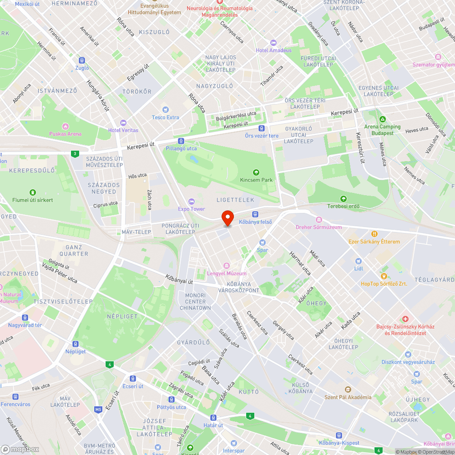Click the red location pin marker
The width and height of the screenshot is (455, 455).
(x=227, y=218)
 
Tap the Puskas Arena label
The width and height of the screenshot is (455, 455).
(x=66, y=134)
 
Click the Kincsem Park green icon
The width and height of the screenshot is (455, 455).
(x=256, y=172)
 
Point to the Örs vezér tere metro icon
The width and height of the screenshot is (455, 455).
(x=261, y=129)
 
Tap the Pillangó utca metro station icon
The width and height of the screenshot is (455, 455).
(x=181, y=141)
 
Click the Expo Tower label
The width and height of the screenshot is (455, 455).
(x=192, y=209)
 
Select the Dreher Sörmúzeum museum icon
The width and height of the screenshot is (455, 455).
(x=318, y=219)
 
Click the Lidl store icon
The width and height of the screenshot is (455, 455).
(x=359, y=261)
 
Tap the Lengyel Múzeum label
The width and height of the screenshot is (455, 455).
(x=227, y=273)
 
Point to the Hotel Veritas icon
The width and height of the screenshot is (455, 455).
(x=123, y=123)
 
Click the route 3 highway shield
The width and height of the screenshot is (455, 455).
(x=74, y=154)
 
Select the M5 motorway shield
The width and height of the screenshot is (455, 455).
(x=98, y=409)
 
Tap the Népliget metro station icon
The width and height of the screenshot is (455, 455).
(x=76, y=344)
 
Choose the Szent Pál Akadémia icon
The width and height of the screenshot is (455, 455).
(x=348, y=389)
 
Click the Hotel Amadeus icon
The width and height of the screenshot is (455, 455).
(x=273, y=43)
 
